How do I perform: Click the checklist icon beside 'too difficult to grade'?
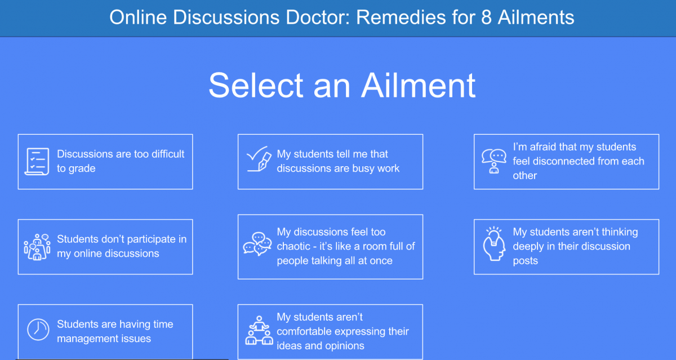click(37, 162)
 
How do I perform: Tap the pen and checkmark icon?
click(258, 159)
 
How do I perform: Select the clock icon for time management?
click(38, 330)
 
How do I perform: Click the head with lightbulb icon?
click(494, 244)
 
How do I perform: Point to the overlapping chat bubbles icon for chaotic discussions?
click(257, 244)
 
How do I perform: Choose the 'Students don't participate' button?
click(105, 247)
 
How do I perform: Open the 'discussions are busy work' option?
click(331, 162)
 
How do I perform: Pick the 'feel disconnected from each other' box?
click(567, 162)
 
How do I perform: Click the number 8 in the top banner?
click(486, 17)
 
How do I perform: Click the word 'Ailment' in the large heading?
click(418, 86)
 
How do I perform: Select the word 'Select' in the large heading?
click(256, 86)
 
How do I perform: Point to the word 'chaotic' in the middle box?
click(293, 246)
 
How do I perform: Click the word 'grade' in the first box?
click(82, 169)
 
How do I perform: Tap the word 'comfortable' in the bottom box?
click(312, 331)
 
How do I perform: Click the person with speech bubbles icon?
click(494, 161)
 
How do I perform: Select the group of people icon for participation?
click(37, 247)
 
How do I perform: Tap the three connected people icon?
click(259, 330)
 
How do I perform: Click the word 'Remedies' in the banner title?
click(401, 17)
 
